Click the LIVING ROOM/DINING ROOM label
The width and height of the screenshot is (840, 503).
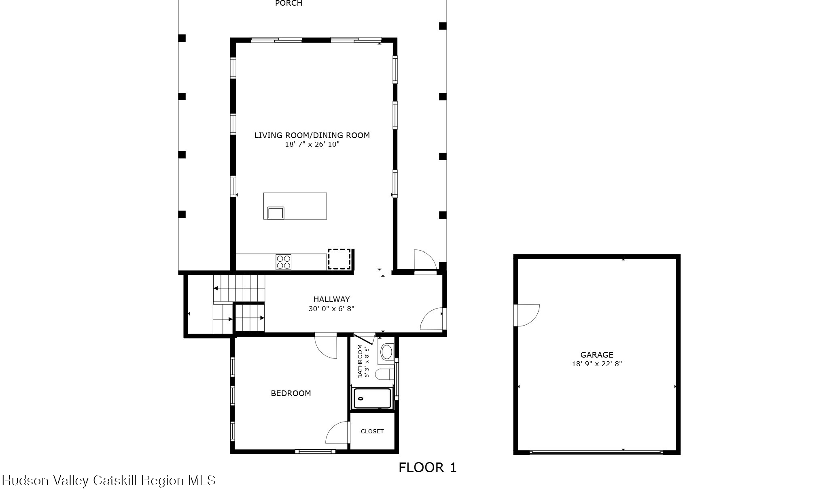click(312, 135)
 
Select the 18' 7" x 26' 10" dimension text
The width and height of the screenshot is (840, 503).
click(312, 144)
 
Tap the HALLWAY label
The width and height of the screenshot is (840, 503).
click(331, 299)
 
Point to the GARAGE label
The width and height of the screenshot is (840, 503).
click(596, 355)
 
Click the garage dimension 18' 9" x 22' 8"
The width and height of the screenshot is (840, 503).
click(596, 364)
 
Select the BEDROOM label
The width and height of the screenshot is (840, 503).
click(291, 393)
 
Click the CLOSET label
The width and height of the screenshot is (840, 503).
click(372, 431)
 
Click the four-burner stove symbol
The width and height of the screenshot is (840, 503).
click(283, 262)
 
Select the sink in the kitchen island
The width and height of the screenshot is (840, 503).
click(276, 213)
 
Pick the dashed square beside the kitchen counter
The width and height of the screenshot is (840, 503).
click(339, 259)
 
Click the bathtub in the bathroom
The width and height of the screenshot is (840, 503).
click(372, 399)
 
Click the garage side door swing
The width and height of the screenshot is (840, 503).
click(527, 315)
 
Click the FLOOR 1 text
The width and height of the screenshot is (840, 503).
click(427, 468)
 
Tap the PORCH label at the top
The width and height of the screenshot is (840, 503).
click(288, 3)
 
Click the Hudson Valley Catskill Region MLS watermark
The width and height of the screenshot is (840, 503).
click(108, 481)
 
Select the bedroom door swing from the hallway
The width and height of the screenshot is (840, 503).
click(327, 346)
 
